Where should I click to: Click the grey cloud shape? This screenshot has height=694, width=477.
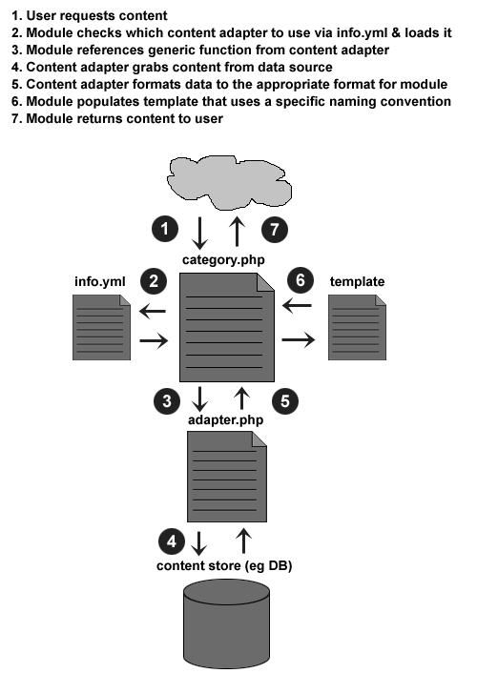[x=229, y=182]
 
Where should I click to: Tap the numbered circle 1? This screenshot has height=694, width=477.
[x=165, y=229]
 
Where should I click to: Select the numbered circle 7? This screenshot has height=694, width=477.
[x=275, y=229]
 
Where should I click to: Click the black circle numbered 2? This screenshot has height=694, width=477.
[x=154, y=281]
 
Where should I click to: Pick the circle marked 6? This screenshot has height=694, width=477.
[x=301, y=280]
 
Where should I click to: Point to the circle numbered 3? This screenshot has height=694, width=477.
[x=167, y=401]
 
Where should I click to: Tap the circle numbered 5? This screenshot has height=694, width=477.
[x=285, y=401]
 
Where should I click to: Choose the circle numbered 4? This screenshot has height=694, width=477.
[x=172, y=541]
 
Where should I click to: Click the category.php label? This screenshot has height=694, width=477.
[x=223, y=260]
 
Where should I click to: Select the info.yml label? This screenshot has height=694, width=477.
[x=99, y=282]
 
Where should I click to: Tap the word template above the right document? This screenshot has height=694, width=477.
[x=357, y=282]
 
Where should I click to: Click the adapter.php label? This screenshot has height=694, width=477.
[x=225, y=420]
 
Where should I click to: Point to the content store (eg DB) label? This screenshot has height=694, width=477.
[x=224, y=566]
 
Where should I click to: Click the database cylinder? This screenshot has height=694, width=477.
[x=226, y=624]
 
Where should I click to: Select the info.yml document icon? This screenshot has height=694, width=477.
[x=101, y=328]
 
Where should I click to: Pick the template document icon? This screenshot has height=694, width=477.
[x=357, y=328]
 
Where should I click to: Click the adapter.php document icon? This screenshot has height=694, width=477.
[x=227, y=477]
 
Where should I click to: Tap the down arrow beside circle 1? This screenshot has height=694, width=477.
[x=199, y=233]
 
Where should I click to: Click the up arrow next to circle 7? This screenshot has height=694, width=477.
[x=238, y=232]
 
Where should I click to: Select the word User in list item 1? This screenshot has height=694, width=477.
[x=41, y=16]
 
